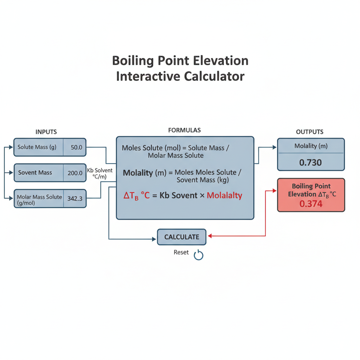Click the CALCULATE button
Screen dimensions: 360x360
pos(182,237)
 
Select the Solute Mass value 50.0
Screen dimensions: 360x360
pos(76,147)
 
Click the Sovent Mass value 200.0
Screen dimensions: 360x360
pos(75,173)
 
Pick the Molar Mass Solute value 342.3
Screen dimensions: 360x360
pos(75,199)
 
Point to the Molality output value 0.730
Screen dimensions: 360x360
pos(310,162)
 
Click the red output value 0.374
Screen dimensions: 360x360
pos(311,204)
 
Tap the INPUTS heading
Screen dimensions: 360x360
pos(46,132)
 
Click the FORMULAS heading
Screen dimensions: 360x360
pos(184,130)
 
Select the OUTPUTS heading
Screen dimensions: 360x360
pos(309,132)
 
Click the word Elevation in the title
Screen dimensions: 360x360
pos(221,61)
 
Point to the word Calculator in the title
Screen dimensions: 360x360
pos(214,76)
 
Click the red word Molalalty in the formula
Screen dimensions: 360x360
pos(225,195)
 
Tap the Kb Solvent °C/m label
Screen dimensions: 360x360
pos(99,173)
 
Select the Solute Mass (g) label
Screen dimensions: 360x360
pos(37,147)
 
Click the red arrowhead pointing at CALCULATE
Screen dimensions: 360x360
pos(210,236)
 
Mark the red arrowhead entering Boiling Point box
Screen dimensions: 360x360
pos(274,191)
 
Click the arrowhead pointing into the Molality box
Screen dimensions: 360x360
pos(274,147)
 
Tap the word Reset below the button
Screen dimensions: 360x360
pos(181,252)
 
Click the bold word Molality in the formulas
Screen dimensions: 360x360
pos(138,173)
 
